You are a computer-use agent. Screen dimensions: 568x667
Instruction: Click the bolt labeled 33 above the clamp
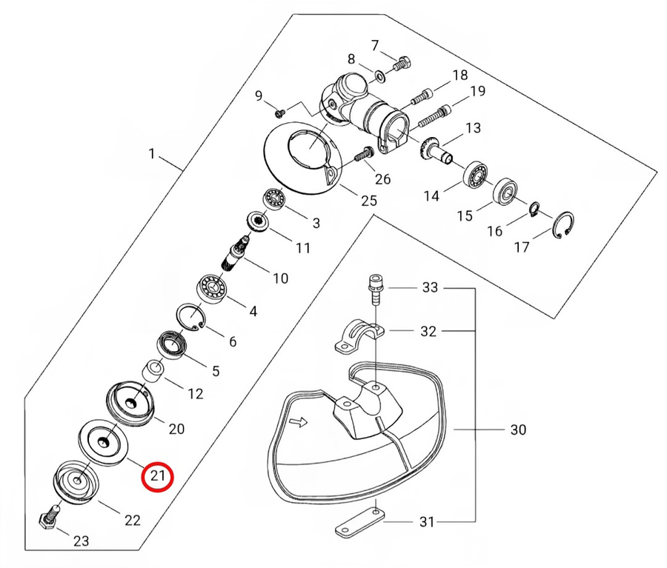pos(374,288)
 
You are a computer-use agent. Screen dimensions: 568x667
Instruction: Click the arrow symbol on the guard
pos(298,423)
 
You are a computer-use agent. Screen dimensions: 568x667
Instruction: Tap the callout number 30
pos(518,430)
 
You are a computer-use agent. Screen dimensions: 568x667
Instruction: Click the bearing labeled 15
pos(508,190)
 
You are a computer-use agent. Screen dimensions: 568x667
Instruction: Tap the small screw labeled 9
pos(280,113)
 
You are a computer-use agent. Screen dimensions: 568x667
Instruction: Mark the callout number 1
pos(151,155)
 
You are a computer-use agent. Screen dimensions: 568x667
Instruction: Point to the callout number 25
pos(368,200)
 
